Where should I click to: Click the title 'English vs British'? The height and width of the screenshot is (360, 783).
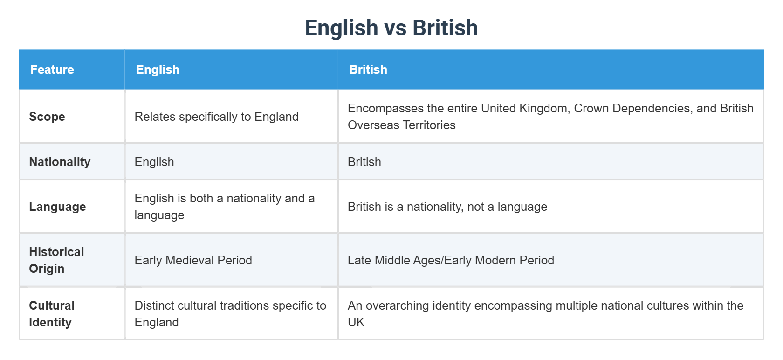pyautogui.click(x=391, y=28)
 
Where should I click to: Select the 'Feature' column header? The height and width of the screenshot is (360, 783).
pyautogui.click(x=52, y=69)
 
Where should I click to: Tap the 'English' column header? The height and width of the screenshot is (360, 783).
pyautogui.click(x=158, y=69)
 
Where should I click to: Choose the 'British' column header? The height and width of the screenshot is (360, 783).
pyautogui.click(x=368, y=69)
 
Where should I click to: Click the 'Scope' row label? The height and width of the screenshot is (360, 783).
pyautogui.click(x=47, y=117)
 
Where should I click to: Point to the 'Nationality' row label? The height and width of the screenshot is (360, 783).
pyautogui.click(x=60, y=162)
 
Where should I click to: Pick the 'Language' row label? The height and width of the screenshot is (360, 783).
pyautogui.click(x=57, y=207)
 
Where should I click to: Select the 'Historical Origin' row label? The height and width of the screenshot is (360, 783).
pyautogui.click(x=56, y=260)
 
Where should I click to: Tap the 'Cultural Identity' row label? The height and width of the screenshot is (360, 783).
pyautogui.click(x=51, y=314)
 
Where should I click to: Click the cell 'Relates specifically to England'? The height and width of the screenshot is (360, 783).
pyautogui.click(x=216, y=117)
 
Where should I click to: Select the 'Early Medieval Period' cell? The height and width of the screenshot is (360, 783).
pyautogui.click(x=193, y=260)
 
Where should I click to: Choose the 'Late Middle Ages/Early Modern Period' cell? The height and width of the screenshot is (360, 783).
pyautogui.click(x=451, y=260)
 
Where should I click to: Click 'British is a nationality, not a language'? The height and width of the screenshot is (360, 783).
pyautogui.click(x=447, y=207)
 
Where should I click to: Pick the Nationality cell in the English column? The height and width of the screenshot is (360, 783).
pyautogui.click(x=154, y=162)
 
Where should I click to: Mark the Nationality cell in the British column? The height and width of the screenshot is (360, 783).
pyautogui.click(x=364, y=162)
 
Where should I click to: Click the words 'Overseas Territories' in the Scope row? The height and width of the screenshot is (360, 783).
pyautogui.click(x=402, y=125)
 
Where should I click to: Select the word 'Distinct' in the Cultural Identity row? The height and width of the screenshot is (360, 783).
pyautogui.click(x=152, y=305)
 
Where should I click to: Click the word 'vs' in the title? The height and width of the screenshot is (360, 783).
pyautogui.click(x=395, y=28)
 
